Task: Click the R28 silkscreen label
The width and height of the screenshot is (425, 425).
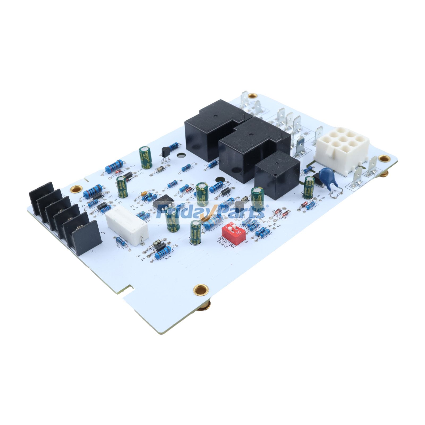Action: pos(168,257)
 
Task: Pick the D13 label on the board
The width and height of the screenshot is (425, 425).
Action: pos(133,166)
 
